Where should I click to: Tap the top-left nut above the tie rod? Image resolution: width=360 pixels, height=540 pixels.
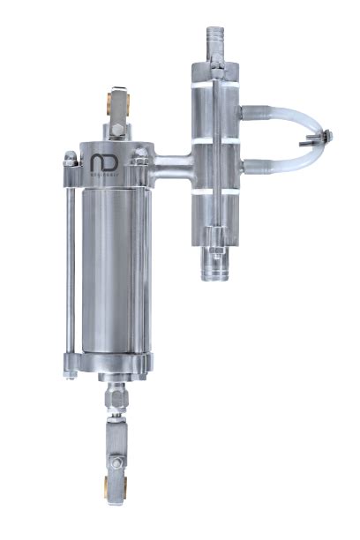(x=69, y=158)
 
